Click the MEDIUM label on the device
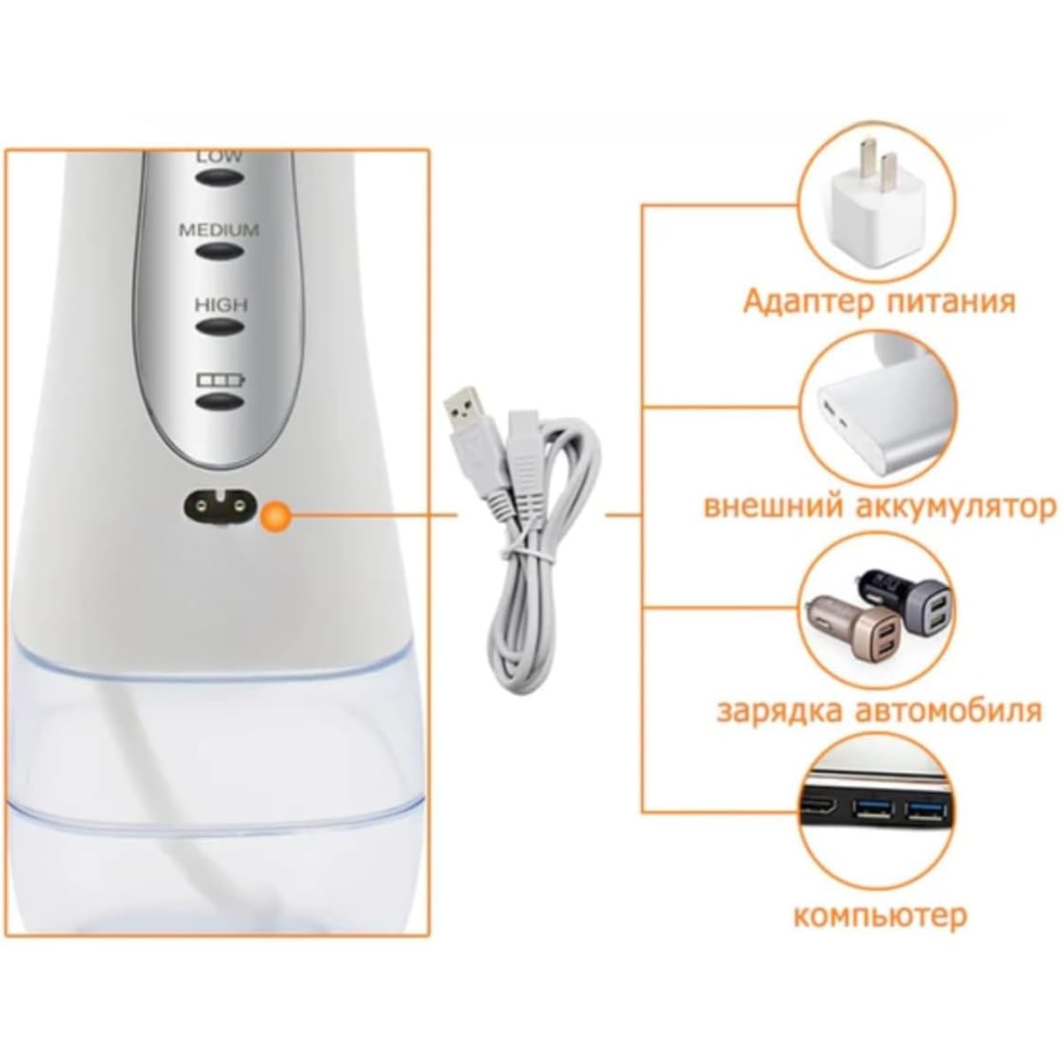click(x=219, y=230)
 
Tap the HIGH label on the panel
click(x=221, y=304)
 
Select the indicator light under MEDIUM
click(x=220, y=252)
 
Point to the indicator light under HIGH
click(x=220, y=327)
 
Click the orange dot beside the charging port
click(x=276, y=515)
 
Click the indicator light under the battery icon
click(x=220, y=402)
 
